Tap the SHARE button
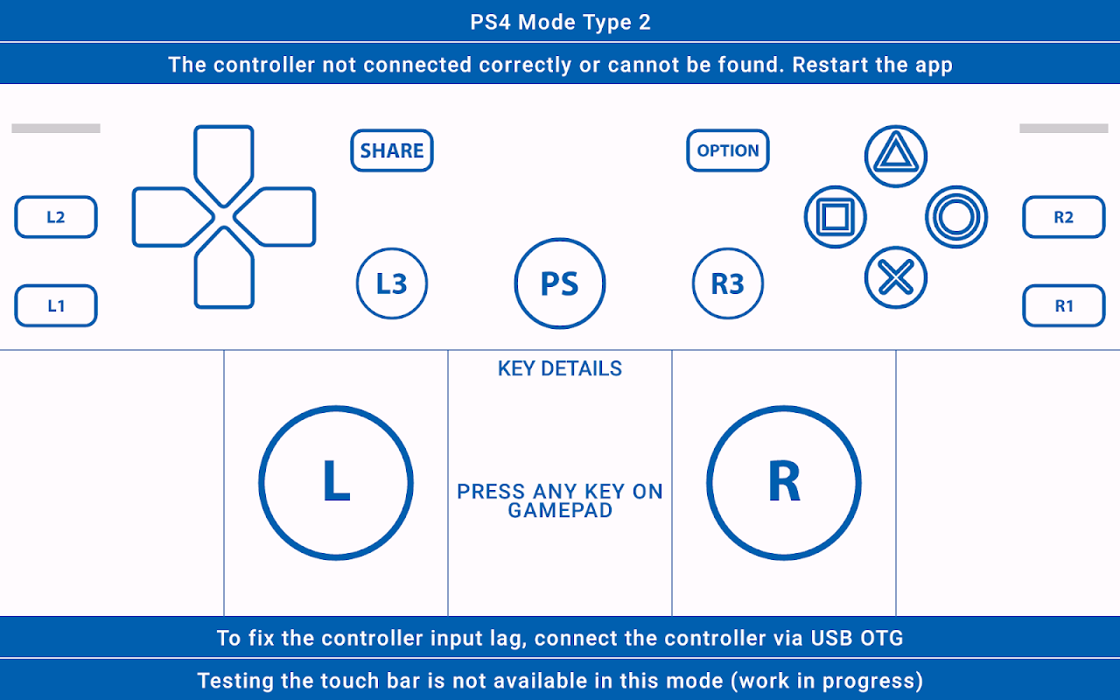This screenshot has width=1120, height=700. click(392, 150)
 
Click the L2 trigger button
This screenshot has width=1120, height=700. click(56, 217)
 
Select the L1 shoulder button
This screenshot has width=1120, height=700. click(56, 305)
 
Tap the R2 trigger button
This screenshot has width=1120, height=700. click(1063, 217)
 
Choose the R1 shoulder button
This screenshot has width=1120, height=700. click(1063, 305)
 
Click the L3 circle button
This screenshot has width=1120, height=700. click(392, 283)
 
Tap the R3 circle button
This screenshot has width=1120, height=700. click(728, 283)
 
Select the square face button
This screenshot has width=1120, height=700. click(836, 217)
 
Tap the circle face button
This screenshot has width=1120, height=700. click(956, 217)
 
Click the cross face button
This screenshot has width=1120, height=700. click(896, 277)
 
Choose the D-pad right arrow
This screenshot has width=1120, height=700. click(278, 217)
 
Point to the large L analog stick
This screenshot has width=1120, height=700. click(336, 482)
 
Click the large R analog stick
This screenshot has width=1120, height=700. click(784, 482)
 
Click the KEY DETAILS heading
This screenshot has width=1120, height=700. click(560, 368)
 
